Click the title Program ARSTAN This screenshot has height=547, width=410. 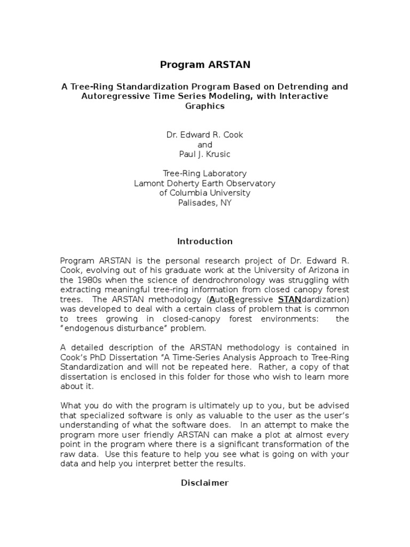205,65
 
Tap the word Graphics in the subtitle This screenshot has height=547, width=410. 205,106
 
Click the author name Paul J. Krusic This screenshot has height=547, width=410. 205,154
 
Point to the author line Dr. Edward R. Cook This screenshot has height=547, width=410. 205,135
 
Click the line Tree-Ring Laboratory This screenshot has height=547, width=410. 205,174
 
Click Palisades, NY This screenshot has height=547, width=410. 205,203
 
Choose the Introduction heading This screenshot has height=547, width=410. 205,241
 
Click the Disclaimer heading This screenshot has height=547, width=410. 205,483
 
